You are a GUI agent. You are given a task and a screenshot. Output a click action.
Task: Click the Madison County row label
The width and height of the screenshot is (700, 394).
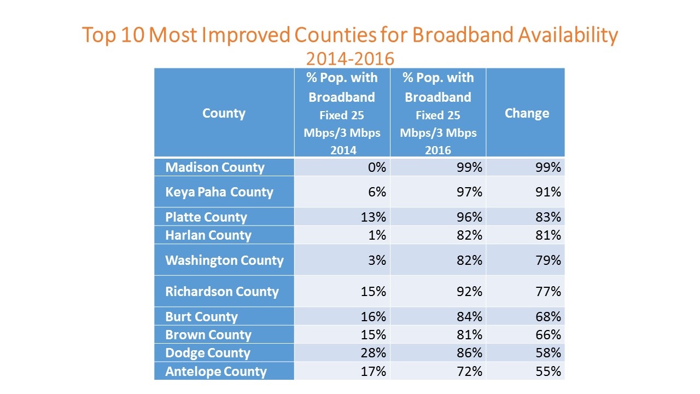(x=215, y=167)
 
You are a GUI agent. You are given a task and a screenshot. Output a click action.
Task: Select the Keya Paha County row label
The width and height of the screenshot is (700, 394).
(x=219, y=192)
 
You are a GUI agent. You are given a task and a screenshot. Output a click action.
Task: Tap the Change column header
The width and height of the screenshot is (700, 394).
(x=527, y=113)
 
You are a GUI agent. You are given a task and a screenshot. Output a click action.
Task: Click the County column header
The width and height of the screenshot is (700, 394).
(x=224, y=113)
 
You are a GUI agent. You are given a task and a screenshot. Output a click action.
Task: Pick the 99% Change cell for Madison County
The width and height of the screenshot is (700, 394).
(x=548, y=167)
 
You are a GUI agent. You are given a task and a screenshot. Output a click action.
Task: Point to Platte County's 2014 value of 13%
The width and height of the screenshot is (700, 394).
(x=374, y=217)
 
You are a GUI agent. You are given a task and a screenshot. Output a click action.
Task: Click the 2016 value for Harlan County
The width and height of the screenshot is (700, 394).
(x=469, y=235)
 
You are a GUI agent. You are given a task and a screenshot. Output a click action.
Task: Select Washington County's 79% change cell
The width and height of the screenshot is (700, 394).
(x=548, y=260)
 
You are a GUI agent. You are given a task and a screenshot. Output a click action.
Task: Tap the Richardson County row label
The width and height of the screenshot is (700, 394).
(x=222, y=292)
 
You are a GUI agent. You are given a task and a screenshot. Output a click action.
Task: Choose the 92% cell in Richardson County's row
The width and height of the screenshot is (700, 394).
(x=469, y=292)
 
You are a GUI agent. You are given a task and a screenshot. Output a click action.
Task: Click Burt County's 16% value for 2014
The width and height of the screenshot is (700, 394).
(x=374, y=316)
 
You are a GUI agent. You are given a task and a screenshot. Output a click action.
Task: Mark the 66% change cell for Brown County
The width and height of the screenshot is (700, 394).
(x=548, y=334)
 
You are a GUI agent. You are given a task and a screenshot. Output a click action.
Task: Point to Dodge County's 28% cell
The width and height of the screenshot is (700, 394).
(x=374, y=353)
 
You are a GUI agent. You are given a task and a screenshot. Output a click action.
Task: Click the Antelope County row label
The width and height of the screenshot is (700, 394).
(x=216, y=372)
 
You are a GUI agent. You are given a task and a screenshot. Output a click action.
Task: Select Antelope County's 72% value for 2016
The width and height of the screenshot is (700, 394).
(x=469, y=371)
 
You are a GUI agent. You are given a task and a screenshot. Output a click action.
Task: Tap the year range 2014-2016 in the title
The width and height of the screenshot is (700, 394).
(x=350, y=59)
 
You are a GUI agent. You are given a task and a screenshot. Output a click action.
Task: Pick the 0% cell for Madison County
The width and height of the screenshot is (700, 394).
(x=377, y=167)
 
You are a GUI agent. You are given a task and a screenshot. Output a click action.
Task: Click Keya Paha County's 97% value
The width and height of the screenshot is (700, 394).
(x=469, y=192)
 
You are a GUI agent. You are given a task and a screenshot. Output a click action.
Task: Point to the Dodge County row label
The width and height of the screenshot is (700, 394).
(x=208, y=353)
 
